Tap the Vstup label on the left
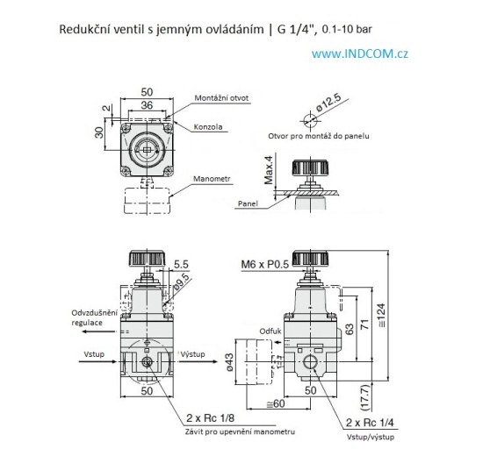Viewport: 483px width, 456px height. [95, 353]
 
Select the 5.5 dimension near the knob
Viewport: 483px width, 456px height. [180, 263]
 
